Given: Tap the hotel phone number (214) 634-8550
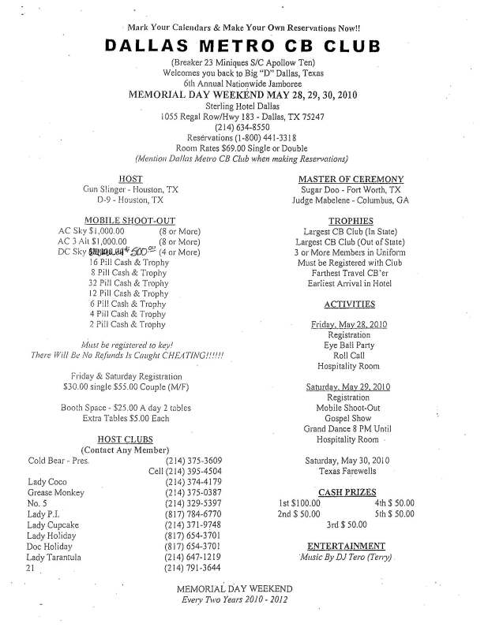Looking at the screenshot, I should pos(242,128).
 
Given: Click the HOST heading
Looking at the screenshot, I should pos(130,179).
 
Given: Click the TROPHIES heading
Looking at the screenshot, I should pos(351,221).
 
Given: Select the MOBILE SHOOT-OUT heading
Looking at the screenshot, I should pos(130,221).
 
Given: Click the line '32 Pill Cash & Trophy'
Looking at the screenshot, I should pos(129,283).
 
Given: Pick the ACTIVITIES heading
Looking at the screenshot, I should pos(350,304).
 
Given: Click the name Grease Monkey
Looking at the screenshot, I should pos(57,492).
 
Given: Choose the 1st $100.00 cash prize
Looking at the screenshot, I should pos(299,502).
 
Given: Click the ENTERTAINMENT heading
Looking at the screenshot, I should pos(346,545).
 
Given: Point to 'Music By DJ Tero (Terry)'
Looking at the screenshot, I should pos(345,558).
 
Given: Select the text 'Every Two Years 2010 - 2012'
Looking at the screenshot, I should pos(235,600).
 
